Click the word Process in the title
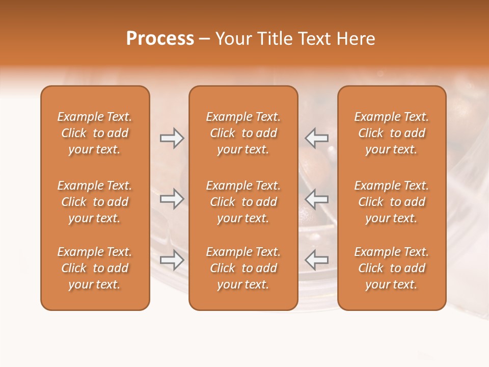(x=160, y=39)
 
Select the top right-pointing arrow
(x=172, y=138)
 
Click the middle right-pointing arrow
(x=172, y=199)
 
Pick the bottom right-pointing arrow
(x=172, y=260)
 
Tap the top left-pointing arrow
(x=316, y=138)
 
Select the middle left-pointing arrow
(x=316, y=199)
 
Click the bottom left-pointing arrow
(x=316, y=260)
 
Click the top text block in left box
(x=95, y=133)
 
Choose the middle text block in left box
(x=95, y=202)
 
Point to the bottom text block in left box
(x=95, y=268)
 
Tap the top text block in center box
(x=243, y=133)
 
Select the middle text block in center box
(x=243, y=202)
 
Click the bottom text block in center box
(x=243, y=268)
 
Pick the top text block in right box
(x=392, y=133)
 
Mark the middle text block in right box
(x=392, y=202)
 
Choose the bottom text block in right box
(x=392, y=268)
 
